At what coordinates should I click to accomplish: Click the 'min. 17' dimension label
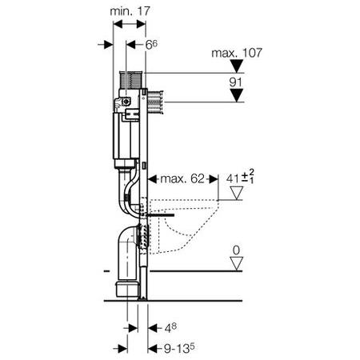click(x=130, y=11)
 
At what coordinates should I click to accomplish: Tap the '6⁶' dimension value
click(x=151, y=45)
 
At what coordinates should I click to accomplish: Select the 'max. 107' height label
click(x=237, y=53)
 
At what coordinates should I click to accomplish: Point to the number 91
click(x=235, y=82)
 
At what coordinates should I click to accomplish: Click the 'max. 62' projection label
click(x=182, y=178)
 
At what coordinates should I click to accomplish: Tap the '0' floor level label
click(x=236, y=250)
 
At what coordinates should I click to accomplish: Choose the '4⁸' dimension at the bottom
click(x=170, y=328)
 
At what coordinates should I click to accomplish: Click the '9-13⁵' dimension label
click(x=179, y=348)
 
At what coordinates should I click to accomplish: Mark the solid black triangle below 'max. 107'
click(x=237, y=66)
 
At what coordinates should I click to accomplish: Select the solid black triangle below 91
click(x=237, y=95)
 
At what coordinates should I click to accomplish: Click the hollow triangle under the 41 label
click(x=237, y=193)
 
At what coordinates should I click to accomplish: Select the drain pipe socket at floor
click(x=128, y=289)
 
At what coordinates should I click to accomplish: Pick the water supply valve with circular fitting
click(x=126, y=102)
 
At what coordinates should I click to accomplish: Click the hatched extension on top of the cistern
click(x=132, y=80)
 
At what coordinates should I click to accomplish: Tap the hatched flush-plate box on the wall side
click(x=155, y=102)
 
